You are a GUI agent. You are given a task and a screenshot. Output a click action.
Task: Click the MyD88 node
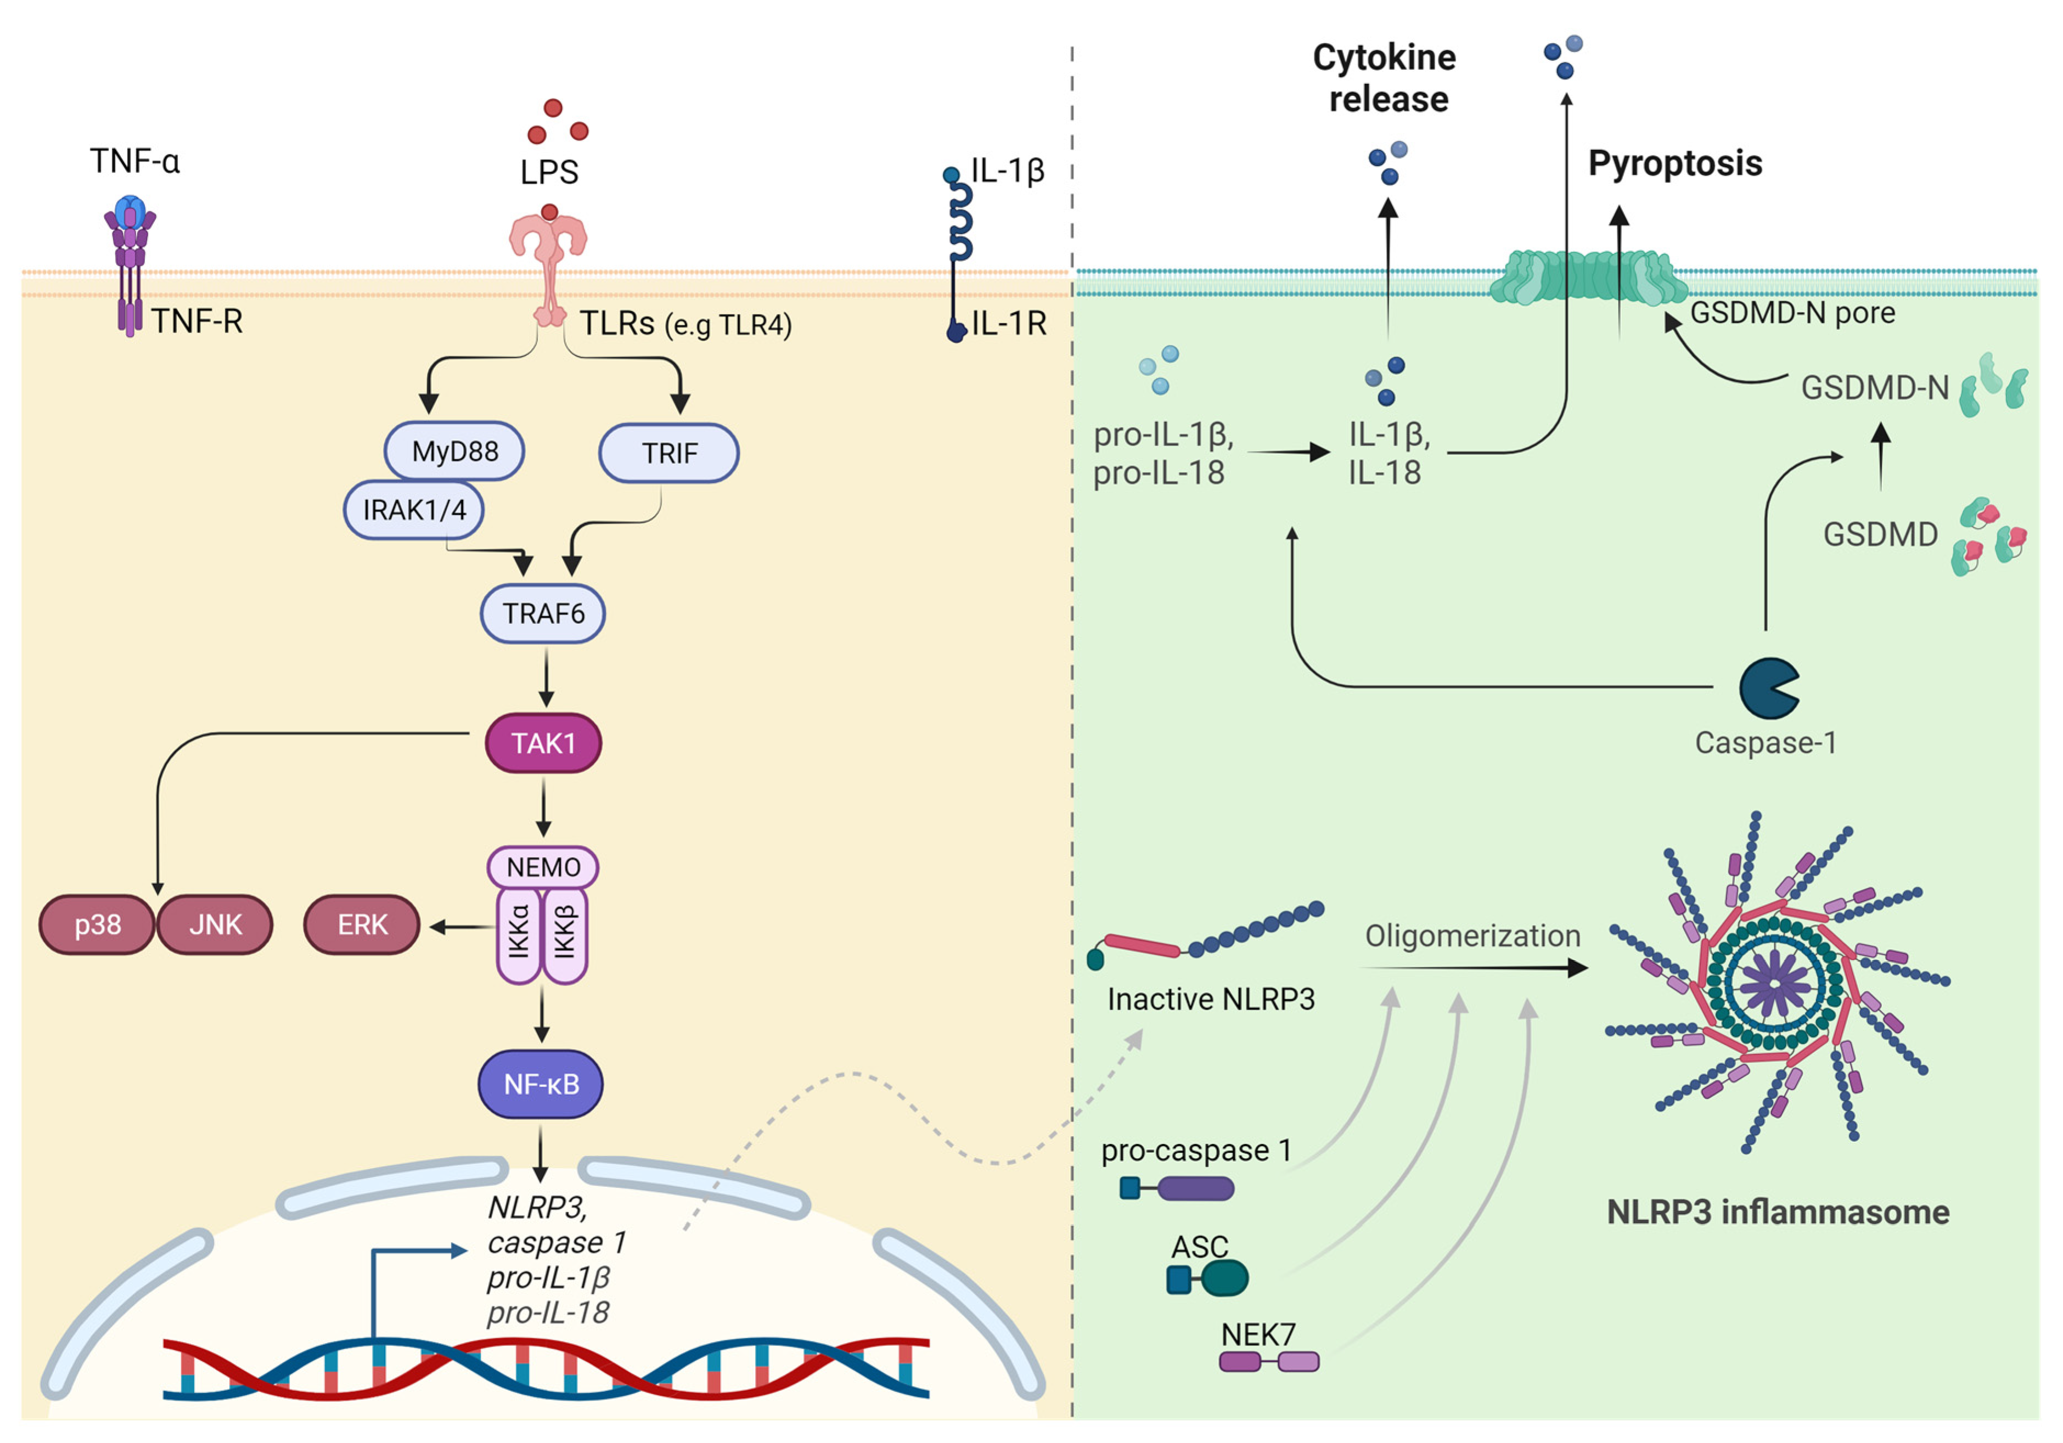tap(454, 451)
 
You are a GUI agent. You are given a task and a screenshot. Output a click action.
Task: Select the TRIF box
tap(670, 453)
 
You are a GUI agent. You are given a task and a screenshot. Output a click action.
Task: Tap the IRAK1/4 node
tap(414, 510)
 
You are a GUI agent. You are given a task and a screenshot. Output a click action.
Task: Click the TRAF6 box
tap(543, 613)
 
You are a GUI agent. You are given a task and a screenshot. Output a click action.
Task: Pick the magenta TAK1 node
tap(543, 743)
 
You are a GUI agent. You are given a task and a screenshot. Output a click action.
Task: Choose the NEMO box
tap(543, 867)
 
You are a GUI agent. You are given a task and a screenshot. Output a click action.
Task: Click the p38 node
tap(97, 925)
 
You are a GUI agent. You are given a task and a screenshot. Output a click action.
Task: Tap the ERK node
tap(362, 925)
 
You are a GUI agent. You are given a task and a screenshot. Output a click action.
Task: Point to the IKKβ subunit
tap(565, 934)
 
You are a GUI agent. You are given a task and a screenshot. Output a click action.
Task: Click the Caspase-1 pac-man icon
tap(1767, 688)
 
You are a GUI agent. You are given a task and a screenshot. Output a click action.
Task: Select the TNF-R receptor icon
tap(130, 265)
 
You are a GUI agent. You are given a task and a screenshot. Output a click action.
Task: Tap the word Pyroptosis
tap(1675, 164)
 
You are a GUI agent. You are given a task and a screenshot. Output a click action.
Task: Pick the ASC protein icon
tap(1207, 1278)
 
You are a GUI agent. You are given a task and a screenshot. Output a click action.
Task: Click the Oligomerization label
tap(1472, 936)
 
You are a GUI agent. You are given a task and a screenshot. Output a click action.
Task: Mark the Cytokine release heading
tap(1386, 78)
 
